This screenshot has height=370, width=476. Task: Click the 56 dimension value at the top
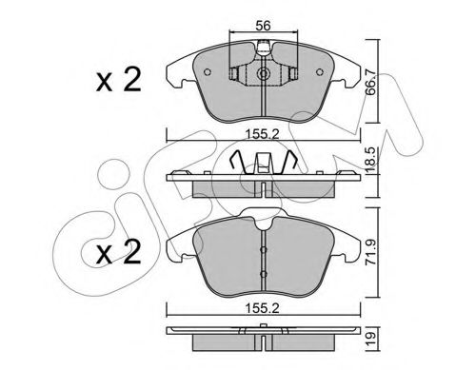[x=263, y=26]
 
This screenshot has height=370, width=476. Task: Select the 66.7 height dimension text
[x=370, y=83]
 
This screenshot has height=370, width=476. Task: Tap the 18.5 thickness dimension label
[x=370, y=160]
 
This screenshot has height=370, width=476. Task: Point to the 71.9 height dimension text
[x=370, y=252]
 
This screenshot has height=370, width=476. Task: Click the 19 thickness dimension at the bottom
[x=370, y=339]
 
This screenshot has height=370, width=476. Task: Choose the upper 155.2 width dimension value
[x=262, y=134]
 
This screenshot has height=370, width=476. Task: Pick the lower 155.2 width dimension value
[x=262, y=308]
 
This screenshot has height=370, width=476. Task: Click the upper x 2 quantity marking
[x=119, y=80]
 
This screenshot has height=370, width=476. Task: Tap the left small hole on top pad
[x=208, y=72]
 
